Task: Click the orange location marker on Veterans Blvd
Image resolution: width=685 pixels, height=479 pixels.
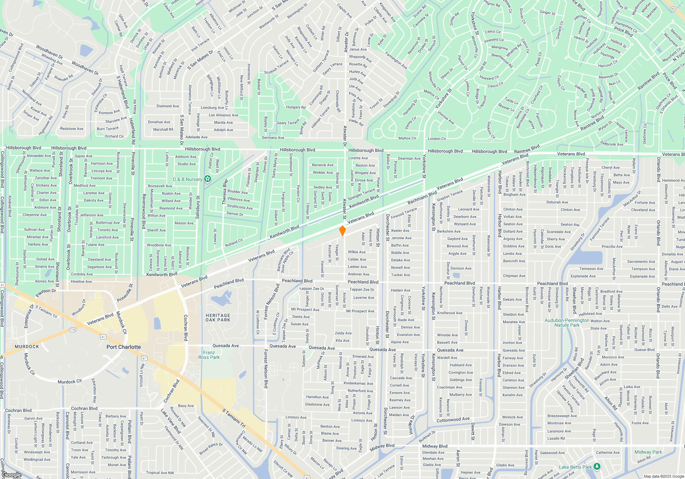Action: point(342,231)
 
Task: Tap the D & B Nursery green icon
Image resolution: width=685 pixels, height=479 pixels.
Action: point(207,179)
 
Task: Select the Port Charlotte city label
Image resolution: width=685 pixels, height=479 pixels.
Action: point(123,347)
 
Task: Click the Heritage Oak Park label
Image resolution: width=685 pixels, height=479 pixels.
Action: point(218,318)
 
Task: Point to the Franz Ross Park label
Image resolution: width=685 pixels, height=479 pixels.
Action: point(209,355)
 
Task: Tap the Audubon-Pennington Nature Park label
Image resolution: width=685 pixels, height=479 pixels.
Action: point(567,323)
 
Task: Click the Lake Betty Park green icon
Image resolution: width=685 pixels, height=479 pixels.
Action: point(597,466)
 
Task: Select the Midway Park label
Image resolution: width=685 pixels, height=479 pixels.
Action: point(648,452)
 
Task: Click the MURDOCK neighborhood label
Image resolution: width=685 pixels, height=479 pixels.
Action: point(27,347)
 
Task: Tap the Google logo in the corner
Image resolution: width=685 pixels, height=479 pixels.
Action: point(11,475)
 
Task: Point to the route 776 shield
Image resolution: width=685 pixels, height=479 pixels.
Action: point(73,330)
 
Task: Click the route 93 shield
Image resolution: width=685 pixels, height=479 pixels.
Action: point(673,9)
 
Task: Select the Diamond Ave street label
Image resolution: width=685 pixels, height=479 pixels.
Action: point(167,106)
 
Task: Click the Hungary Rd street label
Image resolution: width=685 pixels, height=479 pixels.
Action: point(296,107)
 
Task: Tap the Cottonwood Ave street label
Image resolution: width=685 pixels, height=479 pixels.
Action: point(453,419)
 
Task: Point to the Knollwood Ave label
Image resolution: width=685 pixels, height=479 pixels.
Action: point(450,313)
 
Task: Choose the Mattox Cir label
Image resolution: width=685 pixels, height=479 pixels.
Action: point(407,138)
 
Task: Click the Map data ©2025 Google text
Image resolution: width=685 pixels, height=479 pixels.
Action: point(664,476)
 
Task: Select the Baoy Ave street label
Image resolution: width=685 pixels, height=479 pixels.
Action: point(186,406)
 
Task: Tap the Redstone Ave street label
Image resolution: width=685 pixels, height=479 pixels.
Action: point(72,129)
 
